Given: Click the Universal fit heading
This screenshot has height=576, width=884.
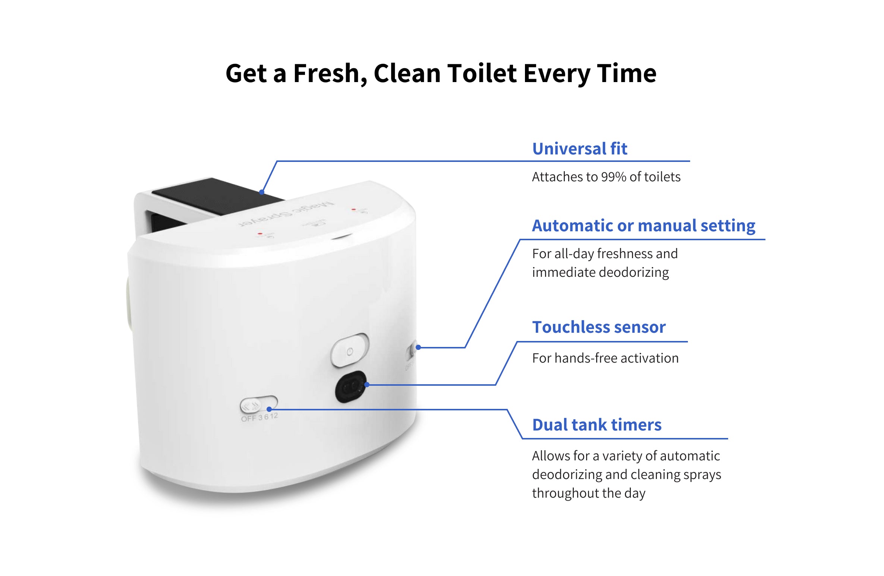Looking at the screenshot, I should pos(579,149).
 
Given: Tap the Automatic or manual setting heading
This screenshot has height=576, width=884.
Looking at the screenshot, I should pos(643,226).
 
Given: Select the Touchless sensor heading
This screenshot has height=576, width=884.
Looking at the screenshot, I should pos(598,327).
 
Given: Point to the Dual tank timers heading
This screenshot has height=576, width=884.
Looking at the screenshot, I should pos(597,425).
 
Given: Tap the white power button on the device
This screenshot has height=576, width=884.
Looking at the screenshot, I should pos(349,351).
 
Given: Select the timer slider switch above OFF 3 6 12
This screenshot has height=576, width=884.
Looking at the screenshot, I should pos(258,404).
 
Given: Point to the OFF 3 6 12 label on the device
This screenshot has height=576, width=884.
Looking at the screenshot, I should pos(259,417).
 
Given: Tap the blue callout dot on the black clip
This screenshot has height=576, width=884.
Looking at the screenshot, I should pos(262,192).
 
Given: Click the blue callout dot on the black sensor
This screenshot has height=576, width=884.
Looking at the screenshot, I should pos(367,385).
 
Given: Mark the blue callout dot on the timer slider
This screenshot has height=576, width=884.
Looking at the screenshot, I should pos(269,409).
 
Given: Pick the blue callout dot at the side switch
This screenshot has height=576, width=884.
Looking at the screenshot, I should pos(418,347).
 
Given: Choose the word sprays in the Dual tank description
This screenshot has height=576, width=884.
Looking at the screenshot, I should pos(702,475).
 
